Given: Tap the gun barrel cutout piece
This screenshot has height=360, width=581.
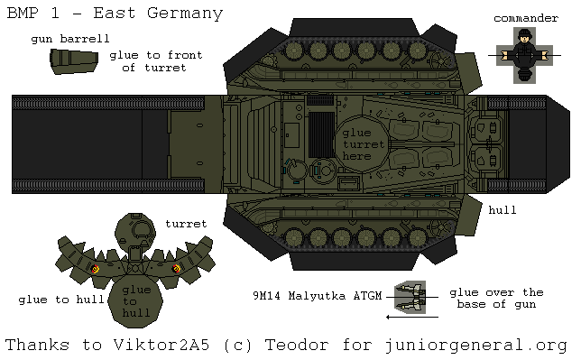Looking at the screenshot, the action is (x=73, y=61).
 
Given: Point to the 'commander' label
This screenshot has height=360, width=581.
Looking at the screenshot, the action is (x=526, y=17).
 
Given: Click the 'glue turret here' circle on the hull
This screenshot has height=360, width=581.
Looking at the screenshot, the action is (x=363, y=144).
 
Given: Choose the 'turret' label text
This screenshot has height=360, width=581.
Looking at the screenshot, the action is (x=186, y=223).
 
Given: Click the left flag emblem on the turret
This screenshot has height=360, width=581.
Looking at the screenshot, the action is (x=96, y=269).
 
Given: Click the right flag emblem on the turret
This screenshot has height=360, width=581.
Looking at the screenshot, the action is (x=176, y=268).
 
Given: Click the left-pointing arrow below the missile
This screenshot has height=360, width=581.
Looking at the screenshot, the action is (x=411, y=317).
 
